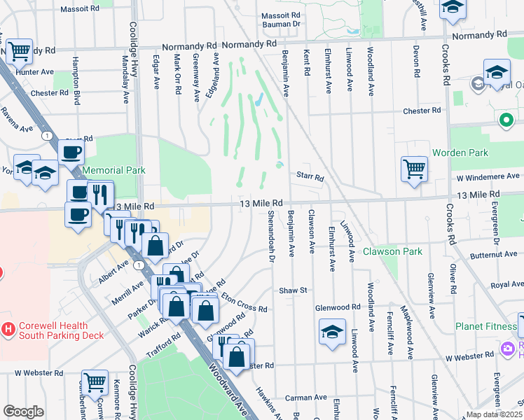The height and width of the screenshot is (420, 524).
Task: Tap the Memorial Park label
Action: click(x=113, y=170)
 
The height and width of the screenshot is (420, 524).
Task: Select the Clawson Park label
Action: click(x=392, y=251)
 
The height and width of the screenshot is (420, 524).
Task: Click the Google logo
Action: click(x=23, y=412)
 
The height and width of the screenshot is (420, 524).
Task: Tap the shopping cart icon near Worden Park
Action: click(x=414, y=169)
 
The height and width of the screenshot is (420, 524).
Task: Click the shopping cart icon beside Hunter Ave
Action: click(x=19, y=51)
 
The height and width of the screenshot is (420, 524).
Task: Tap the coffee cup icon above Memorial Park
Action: click(x=71, y=152)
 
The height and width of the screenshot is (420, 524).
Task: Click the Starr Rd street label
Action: click(x=309, y=178)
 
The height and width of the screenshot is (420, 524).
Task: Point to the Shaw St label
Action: click(x=294, y=290)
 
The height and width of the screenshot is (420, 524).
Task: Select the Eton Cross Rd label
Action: click(x=243, y=302)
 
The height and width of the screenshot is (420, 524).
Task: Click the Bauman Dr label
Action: click(x=280, y=24)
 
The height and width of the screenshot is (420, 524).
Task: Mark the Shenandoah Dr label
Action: click(x=270, y=235)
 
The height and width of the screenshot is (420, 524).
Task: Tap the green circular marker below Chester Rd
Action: click(x=506, y=120)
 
